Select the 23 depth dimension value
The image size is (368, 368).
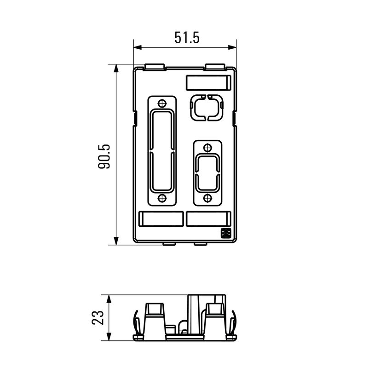pyautogui.click(x=98, y=317)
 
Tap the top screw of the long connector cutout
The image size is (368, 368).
pyautogui.click(x=161, y=103)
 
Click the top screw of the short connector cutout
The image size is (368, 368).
pyautogui.click(x=207, y=148)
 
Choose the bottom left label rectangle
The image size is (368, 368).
pyautogui.click(x=161, y=219)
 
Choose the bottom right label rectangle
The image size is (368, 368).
pyautogui.click(x=208, y=219)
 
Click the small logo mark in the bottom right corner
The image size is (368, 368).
pyautogui.click(x=226, y=234)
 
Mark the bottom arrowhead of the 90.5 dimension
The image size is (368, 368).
pyautogui.click(x=116, y=241)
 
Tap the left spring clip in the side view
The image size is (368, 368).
pyautogui.click(x=136, y=322)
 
